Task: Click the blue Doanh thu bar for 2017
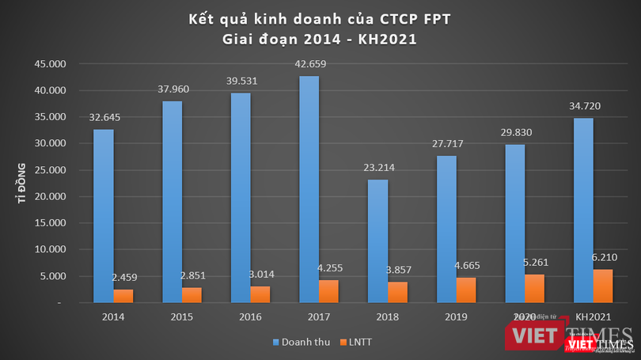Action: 309,189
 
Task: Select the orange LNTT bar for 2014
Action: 124,296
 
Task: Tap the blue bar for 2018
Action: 378,241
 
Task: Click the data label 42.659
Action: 309,64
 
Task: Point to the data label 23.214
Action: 378,168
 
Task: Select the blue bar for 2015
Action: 173,202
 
